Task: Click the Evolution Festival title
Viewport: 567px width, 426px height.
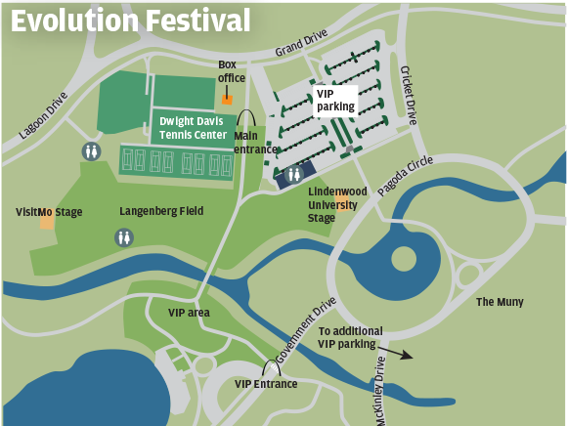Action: [x=130, y=21]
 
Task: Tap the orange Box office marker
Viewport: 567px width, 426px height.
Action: [x=227, y=99]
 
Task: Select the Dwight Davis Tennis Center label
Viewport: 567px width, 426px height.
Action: [x=194, y=128]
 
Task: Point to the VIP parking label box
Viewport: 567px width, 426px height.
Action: [x=334, y=100]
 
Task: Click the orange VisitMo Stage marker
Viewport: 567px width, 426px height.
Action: [x=47, y=222]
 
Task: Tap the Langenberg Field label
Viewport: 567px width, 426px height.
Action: [x=161, y=210]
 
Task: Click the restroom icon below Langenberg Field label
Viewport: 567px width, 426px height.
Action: [x=124, y=236]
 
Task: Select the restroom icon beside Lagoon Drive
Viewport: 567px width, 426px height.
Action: [x=91, y=151]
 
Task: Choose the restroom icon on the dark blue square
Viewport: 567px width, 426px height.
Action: [x=292, y=175]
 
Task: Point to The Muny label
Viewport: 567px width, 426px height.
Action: [x=499, y=302]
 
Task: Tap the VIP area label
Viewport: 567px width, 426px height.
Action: [x=189, y=313]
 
